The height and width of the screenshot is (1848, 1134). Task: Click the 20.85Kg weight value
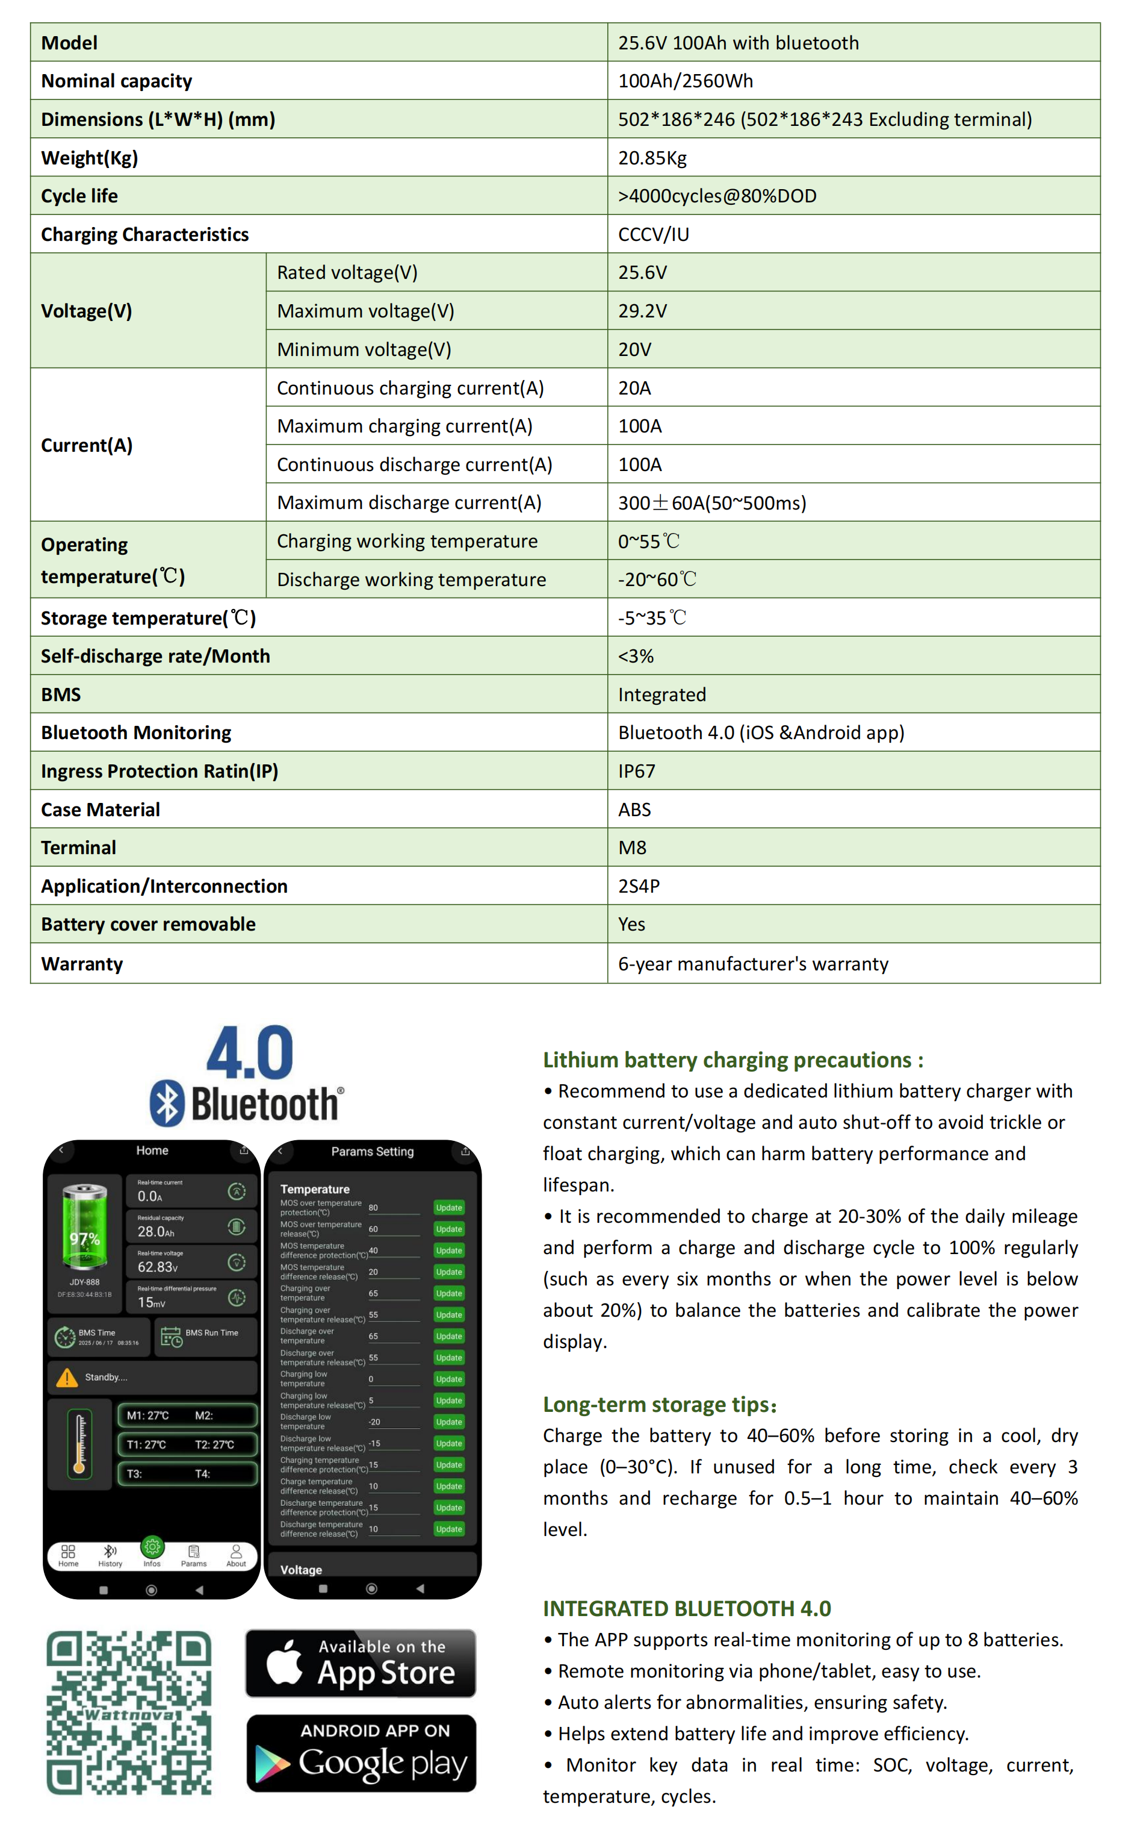pyautogui.click(x=652, y=158)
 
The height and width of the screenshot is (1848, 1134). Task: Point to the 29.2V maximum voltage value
pyautogui.click(x=642, y=311)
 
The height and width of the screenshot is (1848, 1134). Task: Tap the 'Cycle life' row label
pyautogui.click(x=79, y=196)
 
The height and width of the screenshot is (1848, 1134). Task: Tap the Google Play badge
pyautogui.click(x=361, y=1753)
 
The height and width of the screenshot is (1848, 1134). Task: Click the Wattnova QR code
pyautogui.click(x=129, y=1713)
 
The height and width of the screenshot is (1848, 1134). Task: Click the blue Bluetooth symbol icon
pyautogui.click(x=167, y=1103)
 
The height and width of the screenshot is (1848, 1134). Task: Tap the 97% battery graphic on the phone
pyautogui.click(x=85, y=1227)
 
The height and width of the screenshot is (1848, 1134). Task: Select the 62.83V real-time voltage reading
pyautogui.click(x=158, y=1267)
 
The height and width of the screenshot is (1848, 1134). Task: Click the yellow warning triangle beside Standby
pyautogui.click(x=67, y=1378)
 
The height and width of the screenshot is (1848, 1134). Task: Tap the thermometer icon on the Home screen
pyautogui.click(x=79, y=1444)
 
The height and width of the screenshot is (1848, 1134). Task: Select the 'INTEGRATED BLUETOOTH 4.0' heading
pyautogui.click(x=686, y=1609)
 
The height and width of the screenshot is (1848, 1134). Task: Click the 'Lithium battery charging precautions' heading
pyautogui.click(x=733, y=1060)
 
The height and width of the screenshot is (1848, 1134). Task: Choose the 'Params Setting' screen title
pyautogui.click(x=372, y=1152)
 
